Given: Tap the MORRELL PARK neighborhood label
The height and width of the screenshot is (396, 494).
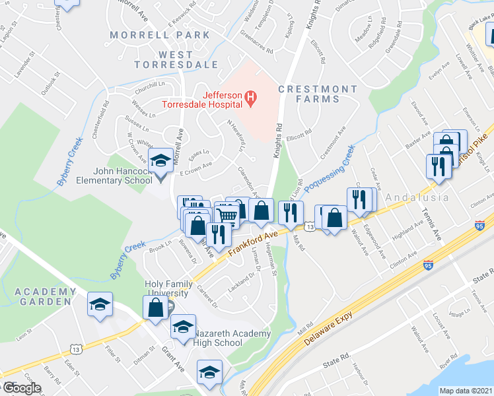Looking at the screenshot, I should click(151, 34).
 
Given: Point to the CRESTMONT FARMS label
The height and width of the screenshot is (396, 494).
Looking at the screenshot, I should click(308, 94).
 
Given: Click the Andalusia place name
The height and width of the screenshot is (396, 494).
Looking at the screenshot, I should click(417, 197).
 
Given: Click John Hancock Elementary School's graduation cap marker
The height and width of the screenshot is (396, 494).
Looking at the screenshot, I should click(160, 160).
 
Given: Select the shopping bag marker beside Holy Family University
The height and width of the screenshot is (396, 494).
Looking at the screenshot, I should click(156, 308).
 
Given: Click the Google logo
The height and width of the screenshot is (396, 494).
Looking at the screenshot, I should click(21, 388).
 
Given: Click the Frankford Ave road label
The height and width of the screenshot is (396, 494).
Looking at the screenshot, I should click(253, 242).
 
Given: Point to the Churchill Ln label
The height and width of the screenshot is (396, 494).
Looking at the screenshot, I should click(149, 84).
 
